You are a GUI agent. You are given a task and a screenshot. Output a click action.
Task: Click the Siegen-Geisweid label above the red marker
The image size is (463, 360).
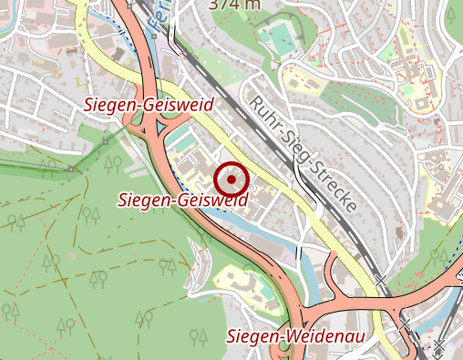pyautogui.click(x=148, y=105)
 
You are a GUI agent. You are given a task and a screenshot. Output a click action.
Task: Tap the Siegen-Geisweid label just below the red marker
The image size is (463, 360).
pyautogui.click(x=184, y=198)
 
